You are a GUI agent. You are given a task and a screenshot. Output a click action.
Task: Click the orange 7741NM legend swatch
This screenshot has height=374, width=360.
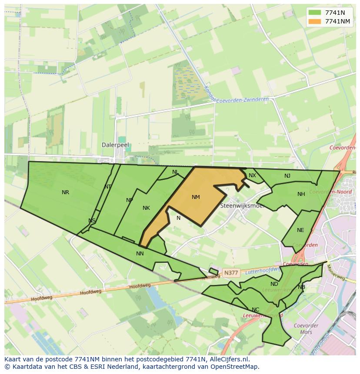[x=315, y=22]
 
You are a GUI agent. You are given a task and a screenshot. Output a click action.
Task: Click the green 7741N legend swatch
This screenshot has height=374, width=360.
[x=315, y=13]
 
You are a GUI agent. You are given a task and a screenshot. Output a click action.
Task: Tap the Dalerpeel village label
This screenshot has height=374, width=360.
[x=115, y=145]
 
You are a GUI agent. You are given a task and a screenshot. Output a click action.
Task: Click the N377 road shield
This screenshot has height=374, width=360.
[x=230, y=273]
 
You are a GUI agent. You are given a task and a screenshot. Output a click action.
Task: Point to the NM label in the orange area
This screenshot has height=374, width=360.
[x=196, y=197]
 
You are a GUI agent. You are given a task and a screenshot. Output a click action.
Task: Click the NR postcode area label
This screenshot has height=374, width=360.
[x=65, y=192]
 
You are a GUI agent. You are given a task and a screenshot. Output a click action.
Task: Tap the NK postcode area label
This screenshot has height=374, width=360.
[x=146, y=208]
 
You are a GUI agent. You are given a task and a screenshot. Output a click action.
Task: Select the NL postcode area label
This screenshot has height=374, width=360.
[x=175, y=172]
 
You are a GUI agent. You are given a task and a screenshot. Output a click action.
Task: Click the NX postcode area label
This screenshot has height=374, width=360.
[x=252, y=175]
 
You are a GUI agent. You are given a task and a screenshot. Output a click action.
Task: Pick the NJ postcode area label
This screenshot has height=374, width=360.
[x=287, y=176]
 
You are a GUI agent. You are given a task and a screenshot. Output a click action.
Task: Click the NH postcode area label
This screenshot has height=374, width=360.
[x=301, y=194]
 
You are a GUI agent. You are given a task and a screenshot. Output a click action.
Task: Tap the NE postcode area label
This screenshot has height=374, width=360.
[x=300, y=230]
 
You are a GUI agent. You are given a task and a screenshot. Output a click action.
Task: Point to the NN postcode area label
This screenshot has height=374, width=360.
[x=140, y=254]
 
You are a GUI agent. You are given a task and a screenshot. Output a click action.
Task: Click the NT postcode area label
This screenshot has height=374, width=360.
[x=108, y=187]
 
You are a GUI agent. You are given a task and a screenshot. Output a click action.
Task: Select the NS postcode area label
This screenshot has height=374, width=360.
[x=92, y=221]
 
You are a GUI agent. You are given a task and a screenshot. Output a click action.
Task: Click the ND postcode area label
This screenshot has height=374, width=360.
[x=274, y=285]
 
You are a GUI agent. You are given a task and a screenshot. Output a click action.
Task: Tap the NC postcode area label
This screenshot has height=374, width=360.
[x=255, y=310]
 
